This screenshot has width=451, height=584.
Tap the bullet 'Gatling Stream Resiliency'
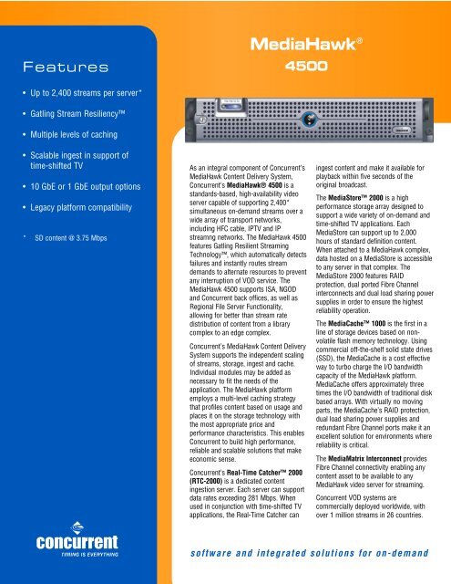(77, 120)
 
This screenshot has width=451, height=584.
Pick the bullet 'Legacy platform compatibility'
(80, 235)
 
